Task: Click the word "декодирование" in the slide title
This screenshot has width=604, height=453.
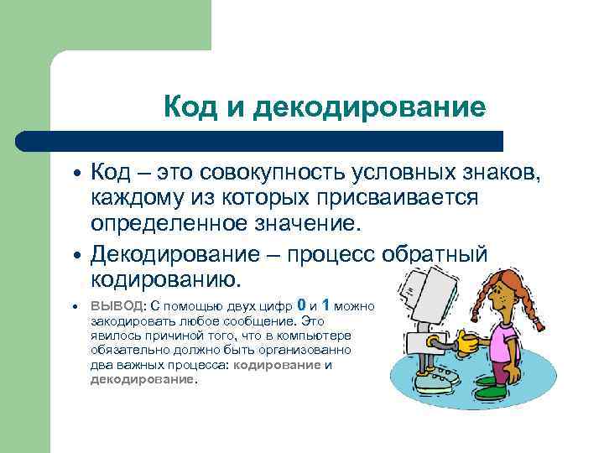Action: [369, 107]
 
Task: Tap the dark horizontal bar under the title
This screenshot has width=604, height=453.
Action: [260, 140]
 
